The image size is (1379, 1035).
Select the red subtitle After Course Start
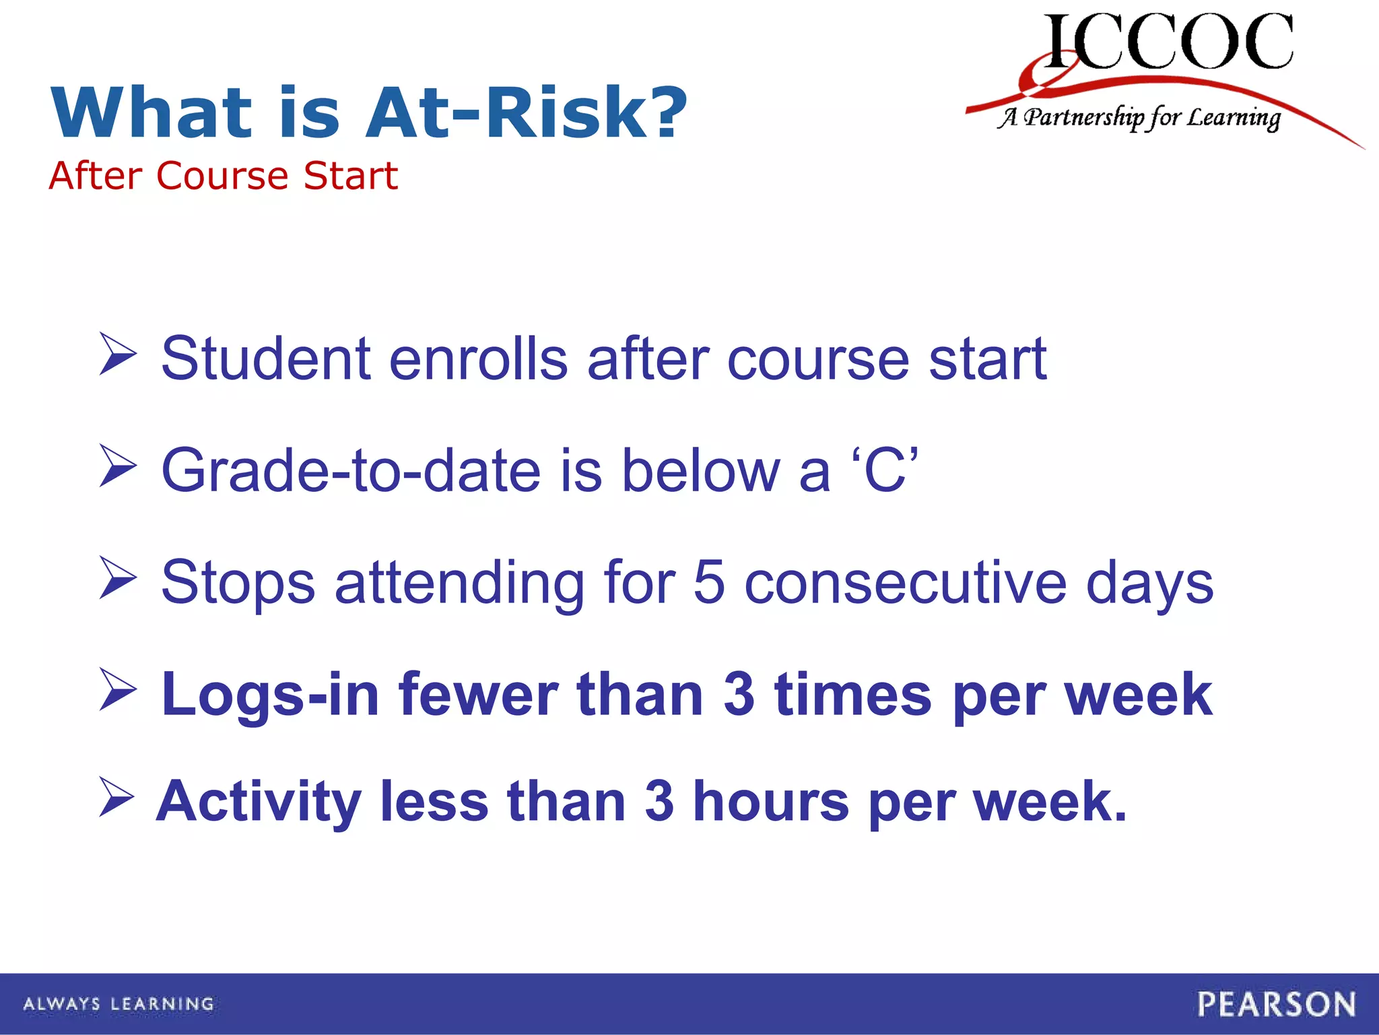coord(223,176)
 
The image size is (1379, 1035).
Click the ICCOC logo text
coord(1168,42)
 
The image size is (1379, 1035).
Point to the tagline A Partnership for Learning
coord(1138,118)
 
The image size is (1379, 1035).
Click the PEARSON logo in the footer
coord(1276,1004)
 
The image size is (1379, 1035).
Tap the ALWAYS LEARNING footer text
coord(119,1004)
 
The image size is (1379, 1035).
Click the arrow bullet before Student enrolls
coord(118,354)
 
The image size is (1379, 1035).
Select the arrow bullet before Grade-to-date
coord(118,466)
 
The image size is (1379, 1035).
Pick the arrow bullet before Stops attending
coord(118,577)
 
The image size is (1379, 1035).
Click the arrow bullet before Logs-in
coord(118,689)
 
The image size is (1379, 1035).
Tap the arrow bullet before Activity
coord(116,797)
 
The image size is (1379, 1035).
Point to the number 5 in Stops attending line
coord(708,582)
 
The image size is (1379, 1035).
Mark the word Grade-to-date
coord(351,470)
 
